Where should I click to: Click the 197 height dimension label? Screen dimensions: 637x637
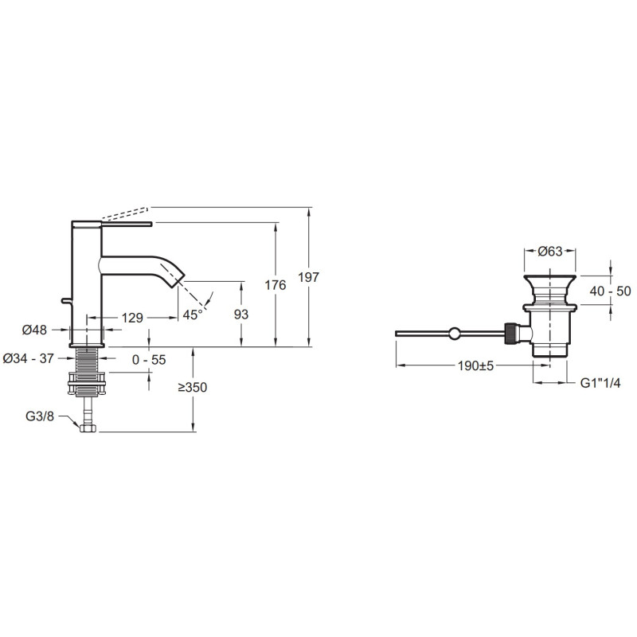click(x=309, y=277)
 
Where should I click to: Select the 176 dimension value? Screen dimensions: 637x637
click(x=276, y=285)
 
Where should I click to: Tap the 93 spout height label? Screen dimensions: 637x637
click(x=241, y=315)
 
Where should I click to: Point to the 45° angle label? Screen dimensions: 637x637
click(x=192, y=315)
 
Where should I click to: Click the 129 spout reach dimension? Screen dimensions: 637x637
click(x=132, y=318)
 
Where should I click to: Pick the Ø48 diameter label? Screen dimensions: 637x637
click(x=34, y=330)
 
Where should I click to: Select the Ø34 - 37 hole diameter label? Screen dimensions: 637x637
click(x=28, y=358)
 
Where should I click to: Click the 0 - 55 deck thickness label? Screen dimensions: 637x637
click(x=149, y=360)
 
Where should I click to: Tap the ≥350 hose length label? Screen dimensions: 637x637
click(x=193, y=388)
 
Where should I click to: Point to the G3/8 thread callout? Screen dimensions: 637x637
click(x=40, y=416)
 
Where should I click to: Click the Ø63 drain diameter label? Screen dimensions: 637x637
click(x=550, y=252)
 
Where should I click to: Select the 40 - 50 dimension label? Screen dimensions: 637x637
click(x=611, y=291)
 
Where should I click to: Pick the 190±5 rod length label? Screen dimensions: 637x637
click(x=475, y=366)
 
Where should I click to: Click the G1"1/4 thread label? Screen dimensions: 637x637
click(x=600, y=383)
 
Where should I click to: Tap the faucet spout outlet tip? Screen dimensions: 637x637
click(x=181, y=280)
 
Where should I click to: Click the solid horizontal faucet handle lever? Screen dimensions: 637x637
click(x=127, y=224)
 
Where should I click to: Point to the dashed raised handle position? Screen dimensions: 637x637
click(x=125, y=213)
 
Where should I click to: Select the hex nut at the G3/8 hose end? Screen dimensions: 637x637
click(x=88, y=428)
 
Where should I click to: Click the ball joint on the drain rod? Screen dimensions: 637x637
click(x=455, y=334)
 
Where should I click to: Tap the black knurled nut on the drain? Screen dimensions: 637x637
click(x=510, y=334)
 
